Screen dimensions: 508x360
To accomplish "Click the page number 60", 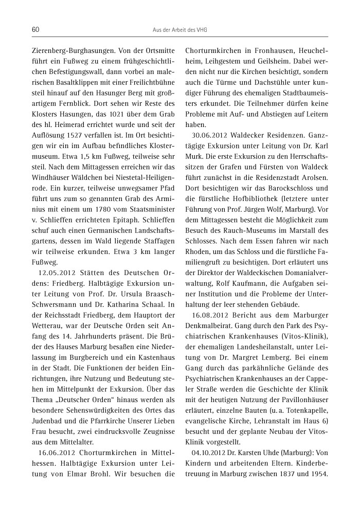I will (36, 30).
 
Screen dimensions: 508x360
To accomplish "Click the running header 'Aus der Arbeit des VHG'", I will (180, 30).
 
